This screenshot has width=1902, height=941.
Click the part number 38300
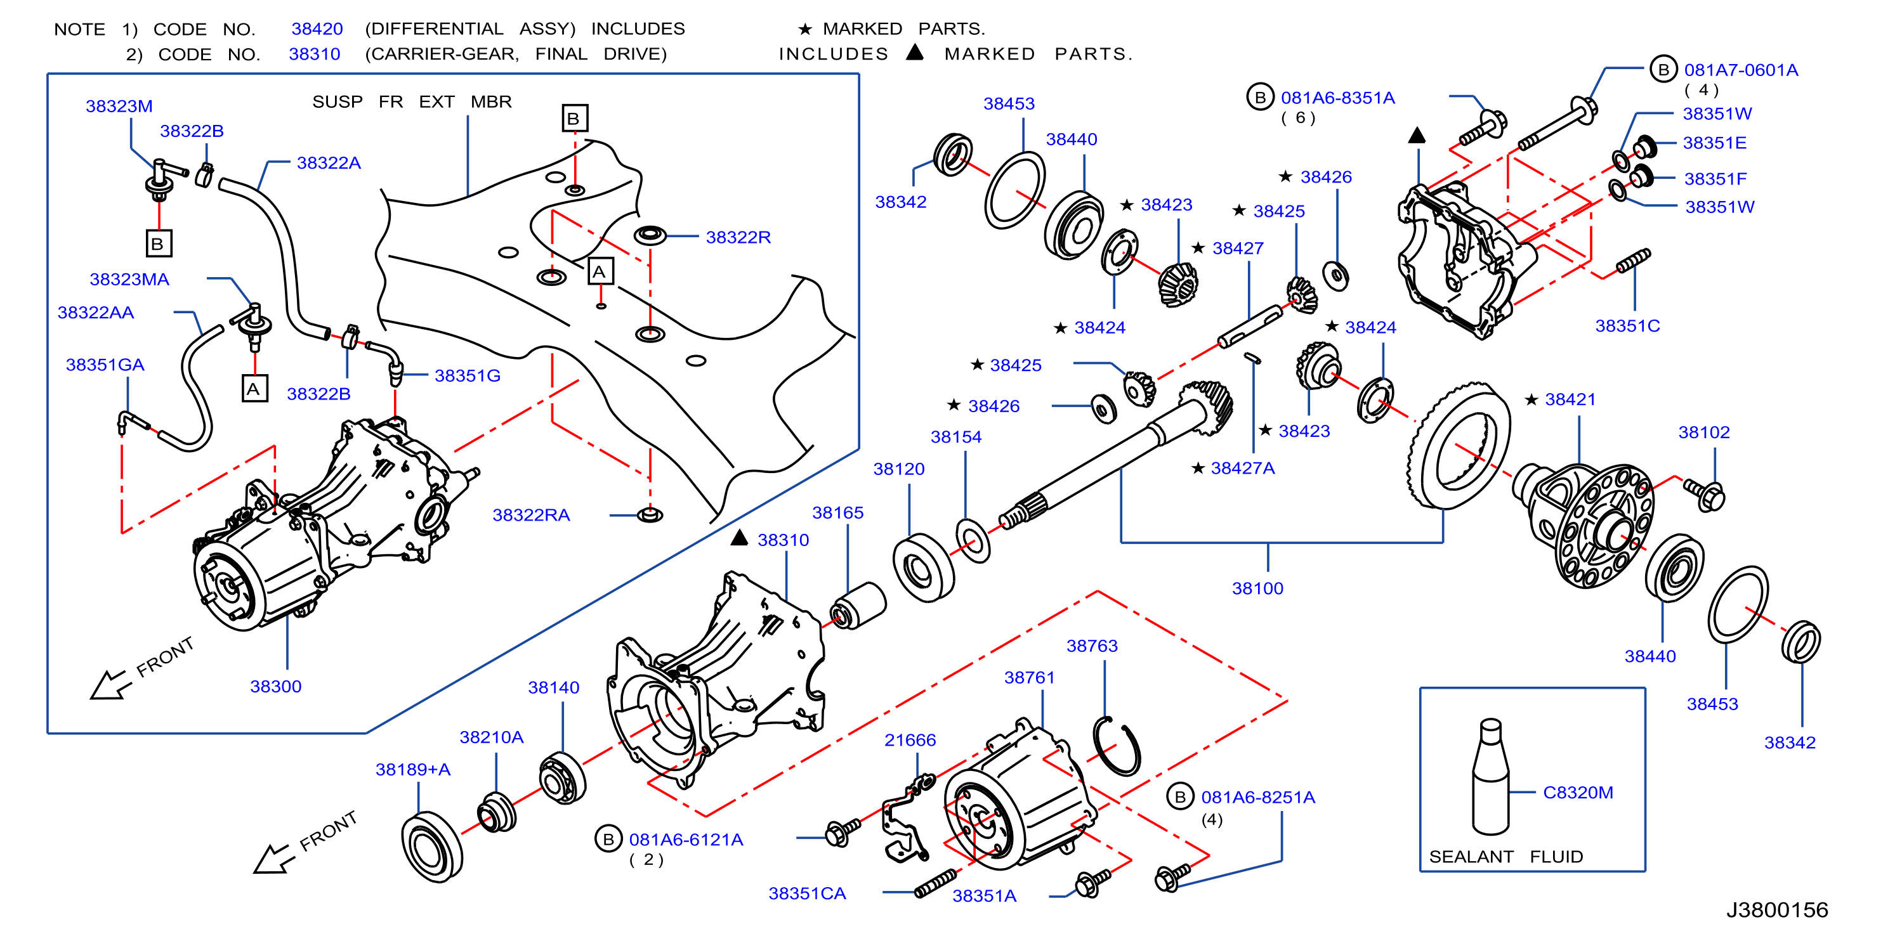click(x=275, y=686)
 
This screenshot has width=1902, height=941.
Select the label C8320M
click(x=1578, y=792)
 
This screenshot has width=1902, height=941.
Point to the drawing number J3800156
click(x=1776, y=910)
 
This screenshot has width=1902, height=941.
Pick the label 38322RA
click(x=531, y=515)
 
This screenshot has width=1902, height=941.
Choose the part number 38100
click(x=1257, y=588)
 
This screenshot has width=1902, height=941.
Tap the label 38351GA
click(x=105, y=365)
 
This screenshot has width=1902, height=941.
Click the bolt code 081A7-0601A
click(x=1741, y=70)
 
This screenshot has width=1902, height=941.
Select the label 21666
click(x=910, y=740)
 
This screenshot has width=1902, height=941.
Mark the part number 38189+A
click(x=413, y=770)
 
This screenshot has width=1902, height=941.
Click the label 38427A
click(x=1243, y=468)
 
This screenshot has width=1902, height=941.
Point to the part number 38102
click(x=1704, y=432)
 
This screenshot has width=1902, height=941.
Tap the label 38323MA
click(x=129, y=279)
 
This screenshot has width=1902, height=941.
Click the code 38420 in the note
click(x=317, y=29)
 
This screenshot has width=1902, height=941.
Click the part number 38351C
click(x=1627, y=325)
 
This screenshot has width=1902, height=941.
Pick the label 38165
click(x=837, y=513)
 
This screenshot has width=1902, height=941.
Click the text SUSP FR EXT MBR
click(x=412, y=102)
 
